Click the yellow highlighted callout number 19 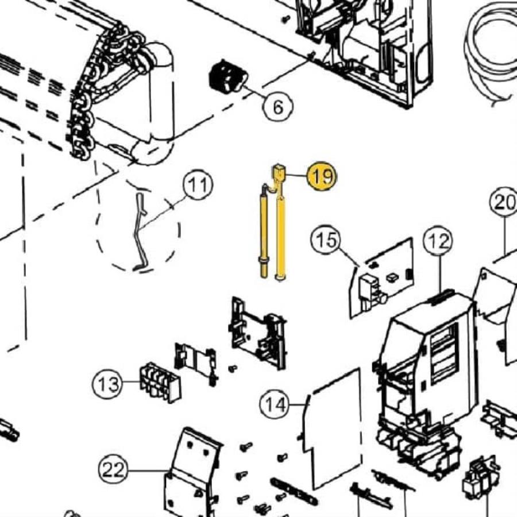click(x=322, y=176)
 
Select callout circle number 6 click(x=278, y=107)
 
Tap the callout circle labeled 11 click(x=198, y=184)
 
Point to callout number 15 click(x=326, y=240)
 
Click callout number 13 click(x=107, y=384)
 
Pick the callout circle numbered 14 click(x=275, y=404)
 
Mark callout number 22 click(x=113, y=469)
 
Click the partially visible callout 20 click(x=503, y=202)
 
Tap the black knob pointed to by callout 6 click(x=228, y=76)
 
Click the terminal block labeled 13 click(x=160, y=383)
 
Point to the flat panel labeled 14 click(x=334, y=427)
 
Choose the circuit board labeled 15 click(x=382, y=277)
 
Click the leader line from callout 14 click(x=298, y=404)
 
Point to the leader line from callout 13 click(x=131, y=382)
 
